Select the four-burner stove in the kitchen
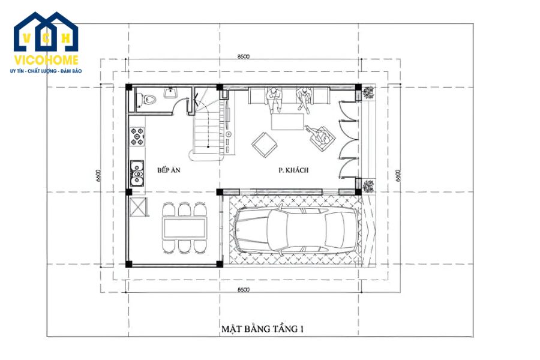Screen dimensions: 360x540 tap(137, 137)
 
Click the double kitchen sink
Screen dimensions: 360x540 tap(137, 172)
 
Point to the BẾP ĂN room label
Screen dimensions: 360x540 tap(169, 170)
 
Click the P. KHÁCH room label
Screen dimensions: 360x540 tap(293, 170)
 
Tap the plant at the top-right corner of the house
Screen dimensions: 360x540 tap(368, 92)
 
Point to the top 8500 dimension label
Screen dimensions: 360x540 tap(243, 56)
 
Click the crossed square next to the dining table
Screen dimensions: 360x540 tap(137, 208)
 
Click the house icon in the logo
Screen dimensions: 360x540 tap(46, 32)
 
